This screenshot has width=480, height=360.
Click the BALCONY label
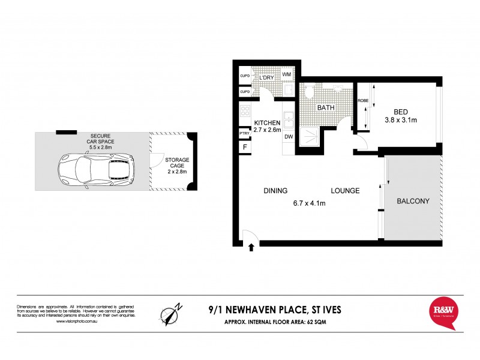point(413,202)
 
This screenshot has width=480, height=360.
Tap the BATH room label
point(326,108)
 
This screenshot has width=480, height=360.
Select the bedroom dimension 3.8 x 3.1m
point(401,121)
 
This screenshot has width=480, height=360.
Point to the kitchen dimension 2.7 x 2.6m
point(267,130)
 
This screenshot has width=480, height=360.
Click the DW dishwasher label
point(289,137)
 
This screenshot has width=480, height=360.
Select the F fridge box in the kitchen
point(244,147)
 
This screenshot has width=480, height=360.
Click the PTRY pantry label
point(244,133)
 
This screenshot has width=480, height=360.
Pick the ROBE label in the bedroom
point(363,101)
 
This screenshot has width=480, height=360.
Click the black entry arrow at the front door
point(251,247)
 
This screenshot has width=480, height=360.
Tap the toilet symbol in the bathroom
point(309,91)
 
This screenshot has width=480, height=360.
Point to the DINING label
point(275,191)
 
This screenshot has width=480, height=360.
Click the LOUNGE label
point(345,191)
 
